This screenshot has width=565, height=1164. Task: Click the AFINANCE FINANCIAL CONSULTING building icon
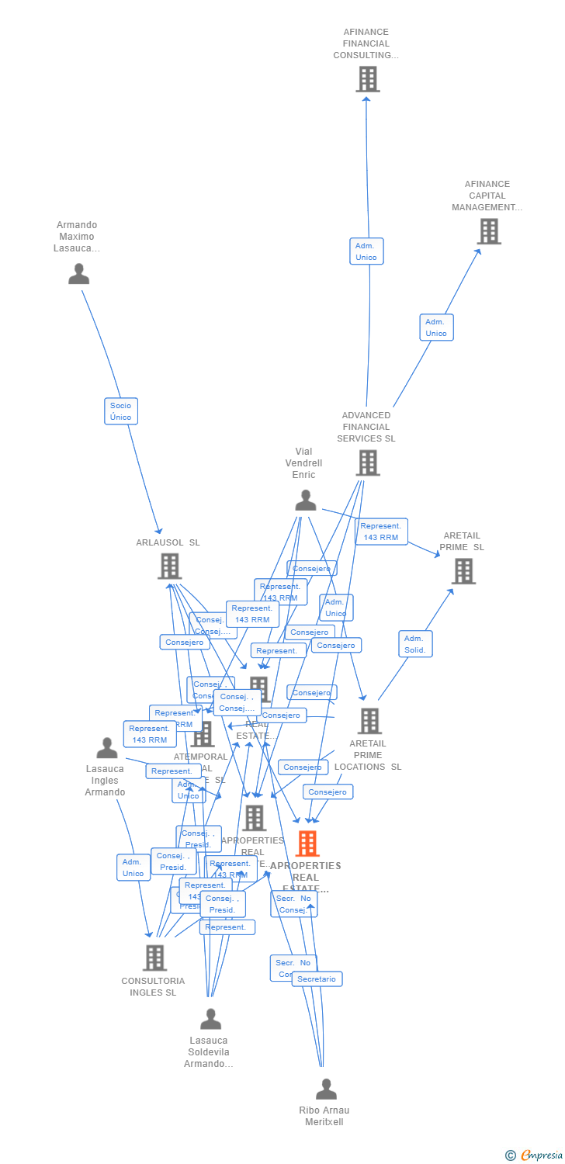pyautogui.click(x=367, y=79)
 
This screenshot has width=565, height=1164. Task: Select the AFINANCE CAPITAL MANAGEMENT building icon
pyautogui.click(x=488, y=231)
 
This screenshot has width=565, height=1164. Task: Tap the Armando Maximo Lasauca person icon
pyautogui.click(x=78, y=274)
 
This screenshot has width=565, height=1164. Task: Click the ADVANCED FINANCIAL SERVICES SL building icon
pyautogui.click(x=367, y=462)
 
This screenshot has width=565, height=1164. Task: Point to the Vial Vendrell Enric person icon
pyautogui.click(x=306, y=501)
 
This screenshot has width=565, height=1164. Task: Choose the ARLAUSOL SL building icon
pyautogui.click(x=169, y=566)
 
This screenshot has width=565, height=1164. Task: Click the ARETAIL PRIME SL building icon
pyautogui.click(x=463, y=571)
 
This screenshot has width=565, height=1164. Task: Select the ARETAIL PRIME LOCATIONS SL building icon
pyautogui.click(x=369, y=721)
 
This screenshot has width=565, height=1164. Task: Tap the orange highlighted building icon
pyautogui.click(x=307, y=844)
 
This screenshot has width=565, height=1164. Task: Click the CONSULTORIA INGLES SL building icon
pyautogui.click(x=154, y=958)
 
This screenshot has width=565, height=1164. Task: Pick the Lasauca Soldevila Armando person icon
pyautogui.click(x=210, y=1019)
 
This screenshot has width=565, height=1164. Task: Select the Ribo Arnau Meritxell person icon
pyautogui.click(x=326, y=1089)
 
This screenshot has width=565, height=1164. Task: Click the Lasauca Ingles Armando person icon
pyautogui.click(x=107, y=748)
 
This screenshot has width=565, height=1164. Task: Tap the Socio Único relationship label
pyautogui.click(x=121, y=411)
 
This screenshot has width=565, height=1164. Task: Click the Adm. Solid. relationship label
pyautogui.click(x=415, y=644)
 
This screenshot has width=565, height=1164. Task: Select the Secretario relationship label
pyautogui.click(x=317, y=979)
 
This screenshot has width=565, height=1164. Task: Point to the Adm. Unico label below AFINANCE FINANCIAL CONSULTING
pyautogui.click(x=366, y=251)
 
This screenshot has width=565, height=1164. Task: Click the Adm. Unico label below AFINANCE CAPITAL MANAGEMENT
pyautogui.click(x=436, y=327)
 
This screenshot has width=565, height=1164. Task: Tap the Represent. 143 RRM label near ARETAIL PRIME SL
pyautogui.click(x=381, y=532)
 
